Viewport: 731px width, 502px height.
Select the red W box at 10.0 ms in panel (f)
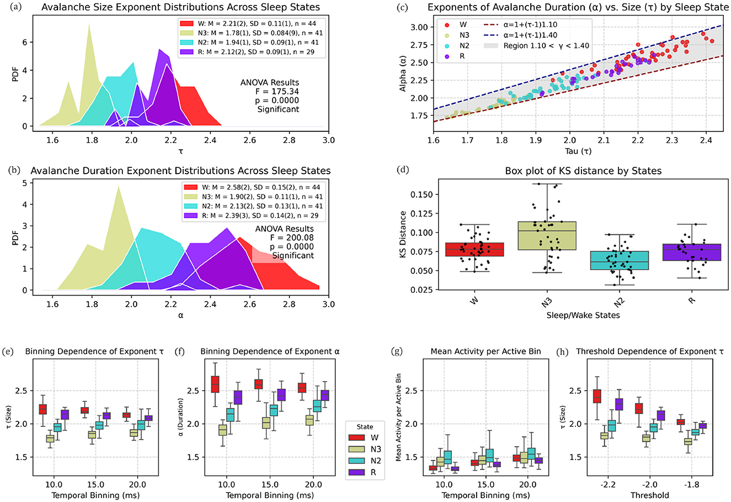pos(215,384)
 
